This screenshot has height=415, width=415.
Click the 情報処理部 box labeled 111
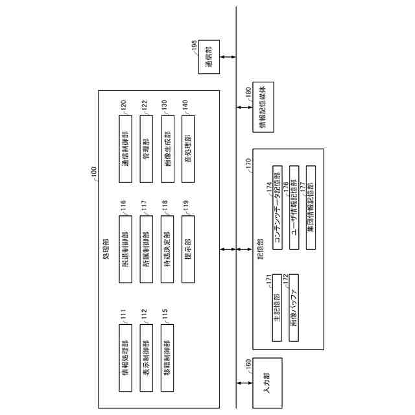(x=125, y=356)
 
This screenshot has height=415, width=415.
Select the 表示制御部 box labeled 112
(x=146, y=356)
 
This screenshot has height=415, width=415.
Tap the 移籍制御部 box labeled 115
(x=167, y=356)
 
